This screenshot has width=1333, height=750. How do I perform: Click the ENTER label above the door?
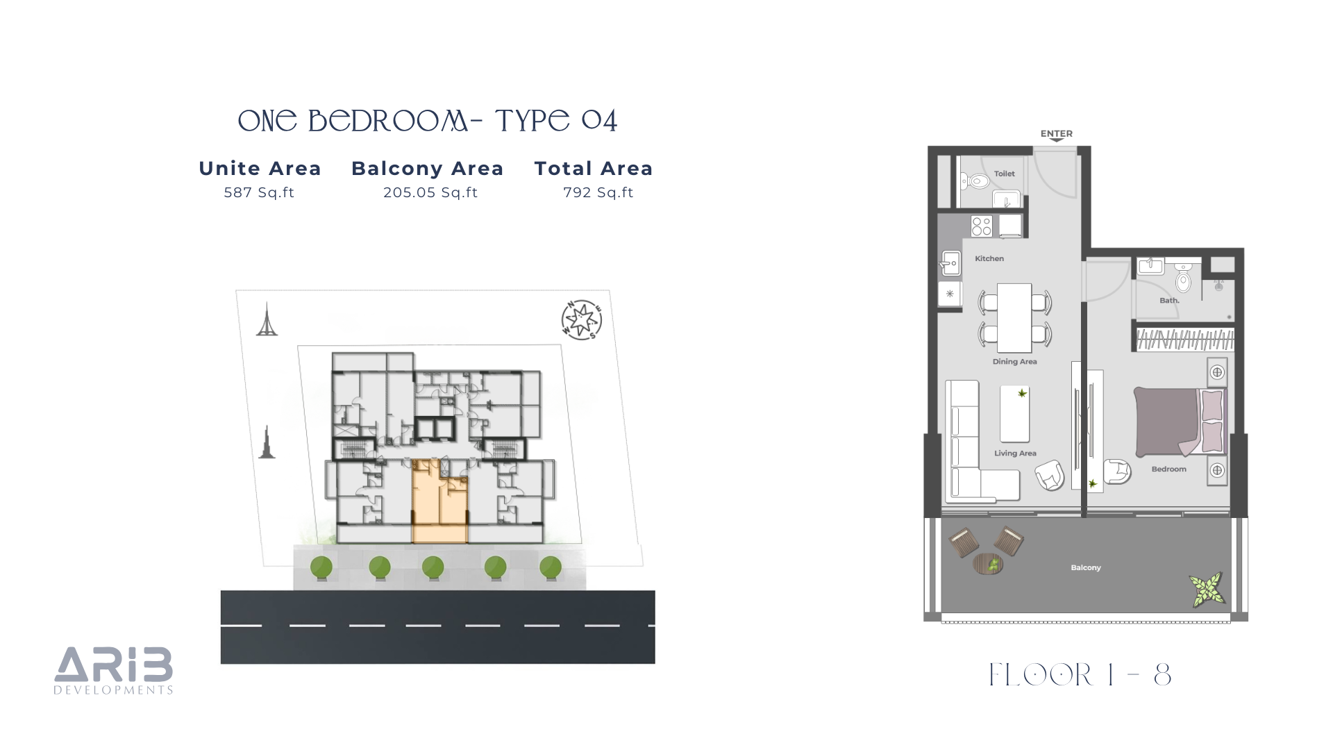(x=1056, y=133)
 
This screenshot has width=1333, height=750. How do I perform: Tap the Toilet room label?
(x=1004, y=174)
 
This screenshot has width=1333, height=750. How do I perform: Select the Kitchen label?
(x=989, y=258)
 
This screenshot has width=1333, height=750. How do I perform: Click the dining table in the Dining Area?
(x=1014, y=317)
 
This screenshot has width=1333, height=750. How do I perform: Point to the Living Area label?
(x=1015, y=453)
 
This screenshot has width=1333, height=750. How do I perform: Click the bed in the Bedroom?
(x=1180, y=422)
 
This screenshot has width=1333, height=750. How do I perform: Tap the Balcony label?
(x=1086, y=567)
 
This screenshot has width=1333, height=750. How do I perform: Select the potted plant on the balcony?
(x=1207, y=589)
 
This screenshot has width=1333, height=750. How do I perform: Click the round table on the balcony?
(x=988, y=564)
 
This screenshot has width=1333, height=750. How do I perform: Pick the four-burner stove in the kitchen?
(x=982, y=226)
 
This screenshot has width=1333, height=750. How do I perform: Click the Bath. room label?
(x=1169, y=301)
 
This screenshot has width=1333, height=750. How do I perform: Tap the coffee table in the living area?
(x=1014, y=414)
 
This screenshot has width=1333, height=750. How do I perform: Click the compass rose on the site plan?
(x=581, y=320)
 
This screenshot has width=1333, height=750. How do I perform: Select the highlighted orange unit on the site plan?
(x=439, y=501)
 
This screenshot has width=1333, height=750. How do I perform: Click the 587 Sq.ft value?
(x=259, y=192)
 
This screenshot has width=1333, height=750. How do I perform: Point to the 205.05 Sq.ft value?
(x=430, y=192)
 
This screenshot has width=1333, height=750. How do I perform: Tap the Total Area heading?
(x=594, y=168)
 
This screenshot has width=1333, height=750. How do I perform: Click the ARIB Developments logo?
(x=114, y=671)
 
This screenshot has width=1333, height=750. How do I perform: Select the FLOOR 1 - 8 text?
(x=1080, y=675)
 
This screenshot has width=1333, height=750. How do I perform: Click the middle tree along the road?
(x=433, y=568)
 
